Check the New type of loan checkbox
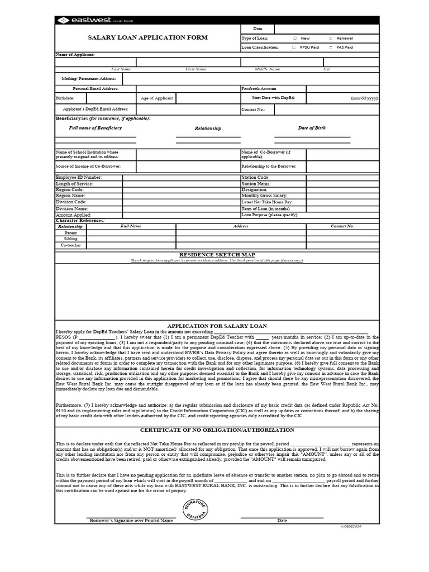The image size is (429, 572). click(x=295, y=39)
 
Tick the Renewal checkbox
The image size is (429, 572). click(x=331, y=39)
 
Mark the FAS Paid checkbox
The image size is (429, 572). click(x=331, y=47)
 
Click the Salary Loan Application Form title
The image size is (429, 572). click(x=147, y=38)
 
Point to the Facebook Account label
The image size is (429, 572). click(x=259, y=89)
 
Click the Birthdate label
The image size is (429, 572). click(x=65, y=98)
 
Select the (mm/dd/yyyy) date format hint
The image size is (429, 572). click(x=364, y=98)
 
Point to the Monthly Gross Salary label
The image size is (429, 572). click(x=264, y=196)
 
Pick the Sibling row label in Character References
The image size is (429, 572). click(x=71, y=239)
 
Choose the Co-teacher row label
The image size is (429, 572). click(x=71, y=245)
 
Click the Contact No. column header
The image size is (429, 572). click(x=342, y=226)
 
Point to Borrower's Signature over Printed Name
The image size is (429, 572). click(x=132, y=521)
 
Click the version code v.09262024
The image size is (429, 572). click(x=351, y=527)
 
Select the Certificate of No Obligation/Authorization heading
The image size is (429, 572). click(x=217, y=430)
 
